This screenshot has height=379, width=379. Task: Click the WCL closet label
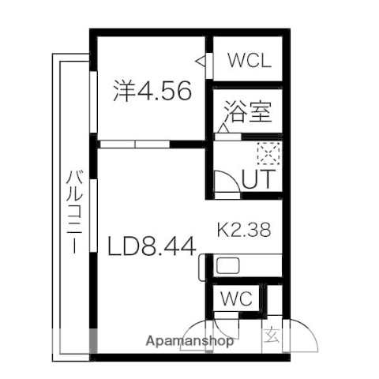[249, 61]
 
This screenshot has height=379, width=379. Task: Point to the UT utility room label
[257, 179]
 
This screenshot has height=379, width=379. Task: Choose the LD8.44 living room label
[152, 246]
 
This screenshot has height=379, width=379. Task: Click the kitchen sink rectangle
[230, 265]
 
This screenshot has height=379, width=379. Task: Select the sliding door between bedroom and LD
[134, 144]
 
